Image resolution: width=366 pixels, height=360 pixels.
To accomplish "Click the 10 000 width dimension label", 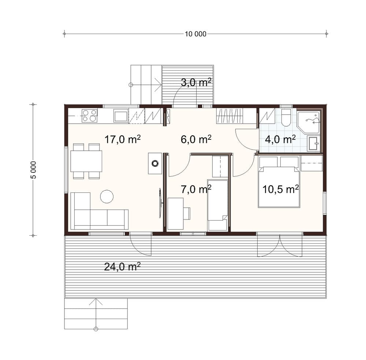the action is (195, 34).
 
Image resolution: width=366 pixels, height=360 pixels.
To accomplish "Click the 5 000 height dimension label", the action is (34, 170).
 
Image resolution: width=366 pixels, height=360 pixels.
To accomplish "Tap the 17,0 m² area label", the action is (123, 139).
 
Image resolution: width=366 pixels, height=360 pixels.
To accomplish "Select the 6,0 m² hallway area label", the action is (196, 139).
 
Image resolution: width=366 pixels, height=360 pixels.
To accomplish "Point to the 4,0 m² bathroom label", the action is (280, 139).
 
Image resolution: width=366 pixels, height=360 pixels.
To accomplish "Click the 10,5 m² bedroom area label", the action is (281, 190).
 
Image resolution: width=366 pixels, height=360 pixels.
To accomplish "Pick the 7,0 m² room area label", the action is (196, 190).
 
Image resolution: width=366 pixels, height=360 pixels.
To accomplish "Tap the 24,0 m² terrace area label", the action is (122, 266).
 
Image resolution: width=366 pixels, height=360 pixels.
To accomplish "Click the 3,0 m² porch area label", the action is (196, 83).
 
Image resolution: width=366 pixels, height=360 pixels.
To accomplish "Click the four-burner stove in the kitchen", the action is (89, 116).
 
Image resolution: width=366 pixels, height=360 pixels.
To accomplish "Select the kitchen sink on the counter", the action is (121, 116).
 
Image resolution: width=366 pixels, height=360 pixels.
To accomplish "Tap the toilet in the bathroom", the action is (286, 117).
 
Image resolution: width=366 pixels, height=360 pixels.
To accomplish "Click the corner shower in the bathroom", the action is (308, 123).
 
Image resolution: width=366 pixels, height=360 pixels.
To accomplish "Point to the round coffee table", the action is (107, 196).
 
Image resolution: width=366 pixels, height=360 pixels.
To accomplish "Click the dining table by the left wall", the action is (86, 161).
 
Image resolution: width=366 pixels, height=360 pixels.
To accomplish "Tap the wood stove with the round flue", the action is (155, 163).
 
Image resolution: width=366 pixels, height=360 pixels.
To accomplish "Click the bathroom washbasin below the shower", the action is (314, 143).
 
